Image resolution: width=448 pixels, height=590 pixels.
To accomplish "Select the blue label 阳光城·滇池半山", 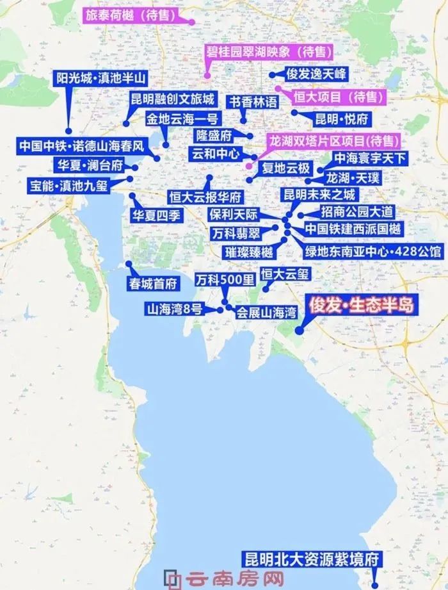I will pos(101,79).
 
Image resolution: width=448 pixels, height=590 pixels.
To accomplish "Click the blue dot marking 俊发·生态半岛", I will pos(299,331).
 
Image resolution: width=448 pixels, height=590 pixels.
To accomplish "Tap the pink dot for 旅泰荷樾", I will pos(191,22).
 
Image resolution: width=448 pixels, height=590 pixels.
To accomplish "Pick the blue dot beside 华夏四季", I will pos(132,195).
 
